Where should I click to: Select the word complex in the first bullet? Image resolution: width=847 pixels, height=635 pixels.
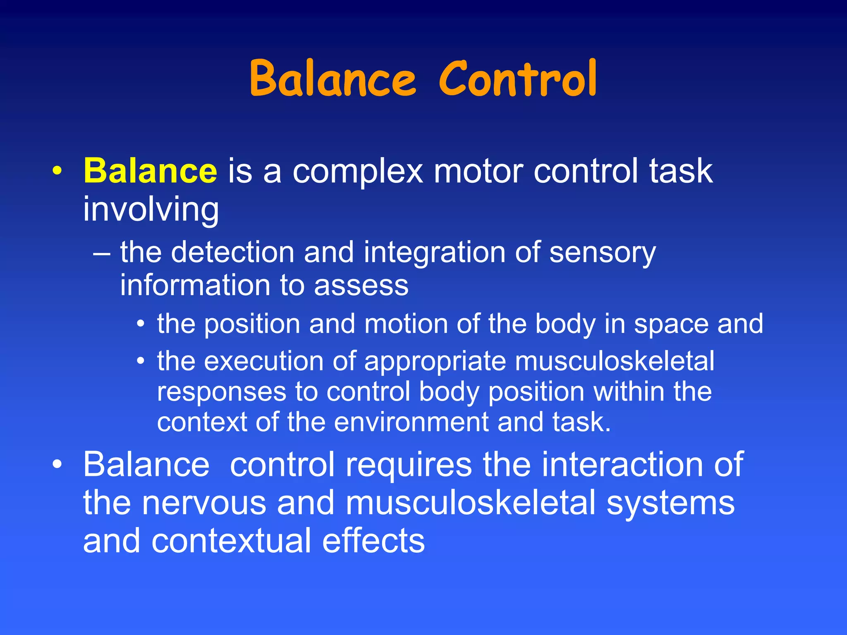point(358,172)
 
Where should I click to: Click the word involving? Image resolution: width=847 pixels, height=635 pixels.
point(151,209)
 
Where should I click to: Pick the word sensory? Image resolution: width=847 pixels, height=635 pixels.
point(602,253)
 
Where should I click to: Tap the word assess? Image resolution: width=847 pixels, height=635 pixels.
point(361,286)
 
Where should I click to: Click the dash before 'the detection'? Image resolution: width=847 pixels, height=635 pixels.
point(102,253)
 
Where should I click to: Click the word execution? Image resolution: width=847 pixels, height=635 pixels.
point(263,361)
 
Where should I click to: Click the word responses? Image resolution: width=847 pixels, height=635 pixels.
point(222,392)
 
